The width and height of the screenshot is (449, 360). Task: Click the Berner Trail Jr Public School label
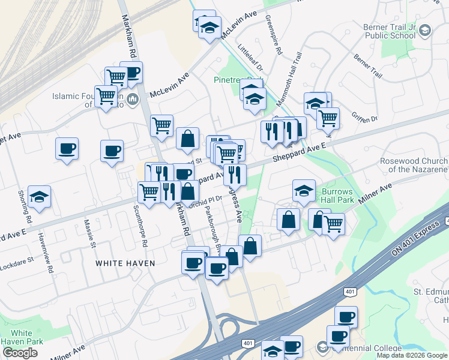[389, 31]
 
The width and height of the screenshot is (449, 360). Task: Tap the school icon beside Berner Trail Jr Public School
[425, 30]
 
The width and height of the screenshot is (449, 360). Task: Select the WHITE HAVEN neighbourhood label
[125, 263]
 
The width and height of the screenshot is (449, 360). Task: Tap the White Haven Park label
[22, 337]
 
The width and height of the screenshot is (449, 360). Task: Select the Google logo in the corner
[20, 352]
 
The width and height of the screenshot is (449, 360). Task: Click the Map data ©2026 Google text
[412, 355]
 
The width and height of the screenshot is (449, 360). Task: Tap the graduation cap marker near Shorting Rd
[39, 197]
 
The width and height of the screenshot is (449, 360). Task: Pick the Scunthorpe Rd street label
[142, 227]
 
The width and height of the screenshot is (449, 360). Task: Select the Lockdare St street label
[16, 262]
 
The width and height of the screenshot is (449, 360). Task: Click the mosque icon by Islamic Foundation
[133, 98]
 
